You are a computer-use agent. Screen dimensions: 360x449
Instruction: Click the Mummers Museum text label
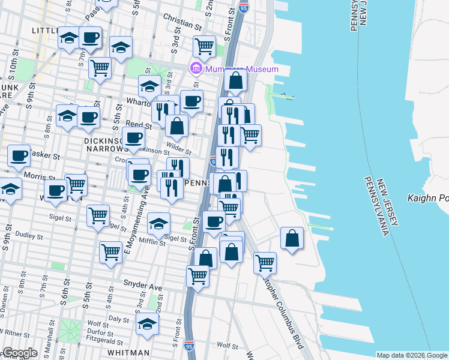[x=242, y=69]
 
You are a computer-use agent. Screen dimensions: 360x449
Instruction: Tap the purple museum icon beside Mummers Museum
[x=196, y=69]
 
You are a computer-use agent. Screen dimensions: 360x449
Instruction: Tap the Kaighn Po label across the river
[x=427, y=197]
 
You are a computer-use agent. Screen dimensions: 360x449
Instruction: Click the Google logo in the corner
[x=19, y=353]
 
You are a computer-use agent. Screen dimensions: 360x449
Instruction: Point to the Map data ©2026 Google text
[x=412, y=355]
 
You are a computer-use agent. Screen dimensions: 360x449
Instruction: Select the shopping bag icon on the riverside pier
[x=291, y=238]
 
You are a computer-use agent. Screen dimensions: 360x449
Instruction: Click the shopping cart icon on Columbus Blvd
[x=265, y=262]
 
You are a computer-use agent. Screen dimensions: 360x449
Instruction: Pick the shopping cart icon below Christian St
[x=204, y=46]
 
